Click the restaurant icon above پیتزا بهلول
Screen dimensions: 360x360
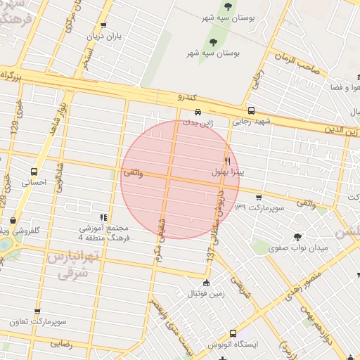coord(227,161)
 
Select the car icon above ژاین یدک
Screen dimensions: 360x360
coord(198,112)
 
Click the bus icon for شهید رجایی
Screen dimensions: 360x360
coord(252,110)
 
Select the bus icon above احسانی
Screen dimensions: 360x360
coord(34,171)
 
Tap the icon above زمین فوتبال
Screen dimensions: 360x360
coord(205,283)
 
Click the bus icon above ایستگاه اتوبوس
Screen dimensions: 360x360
coord(233,333)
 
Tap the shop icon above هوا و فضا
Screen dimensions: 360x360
coord(333,77)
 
